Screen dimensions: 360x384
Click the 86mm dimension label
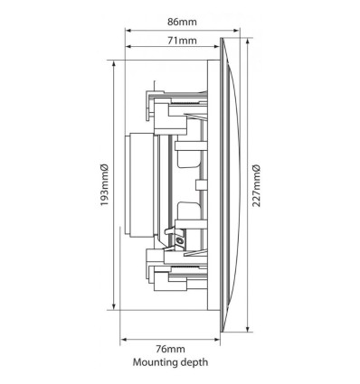pyautogui.click(x=182, y=22)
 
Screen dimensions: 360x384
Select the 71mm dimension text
pyautogui.click(x=182, y=40)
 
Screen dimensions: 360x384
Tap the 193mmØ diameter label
pyautogui.click(x=104, y=185)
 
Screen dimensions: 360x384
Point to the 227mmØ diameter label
pyautogui.click(x=256, y=185)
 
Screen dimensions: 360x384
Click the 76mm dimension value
pyautogui.click(x=171, y=349)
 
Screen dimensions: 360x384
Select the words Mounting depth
pyautogui.click(x=171, y=361)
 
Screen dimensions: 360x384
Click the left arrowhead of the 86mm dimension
pyautogui.click(x=128, y=30)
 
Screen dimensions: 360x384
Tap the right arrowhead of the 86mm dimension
pyautogui.click(x=237, y=30)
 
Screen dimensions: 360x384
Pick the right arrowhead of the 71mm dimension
pyautogui.click(x=217, y=47)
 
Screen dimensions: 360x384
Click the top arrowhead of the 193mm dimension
pyautogui.click(x=114, y=63)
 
